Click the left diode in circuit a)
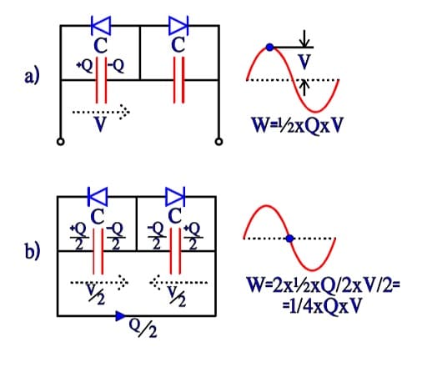point(101,26)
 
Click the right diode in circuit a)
point(178,26)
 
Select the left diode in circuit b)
point(98,197)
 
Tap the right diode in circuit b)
point(175,197)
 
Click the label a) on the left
point(32,76)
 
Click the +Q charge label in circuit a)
point(85,66)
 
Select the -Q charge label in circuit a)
point(116,66)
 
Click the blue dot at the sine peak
point(269,48)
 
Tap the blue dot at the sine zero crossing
point(289,239)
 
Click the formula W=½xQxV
point(297,126)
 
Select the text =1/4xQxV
point(322,305)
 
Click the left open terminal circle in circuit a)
point(61,142)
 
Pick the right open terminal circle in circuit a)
point(219,142)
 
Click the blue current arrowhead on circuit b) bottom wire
point(120,316)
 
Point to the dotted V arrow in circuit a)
point(101,113)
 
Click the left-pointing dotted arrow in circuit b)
point(178,283)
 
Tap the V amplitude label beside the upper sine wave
point(304,62)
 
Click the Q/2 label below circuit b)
point(143,328)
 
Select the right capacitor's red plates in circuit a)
point(178,80)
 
